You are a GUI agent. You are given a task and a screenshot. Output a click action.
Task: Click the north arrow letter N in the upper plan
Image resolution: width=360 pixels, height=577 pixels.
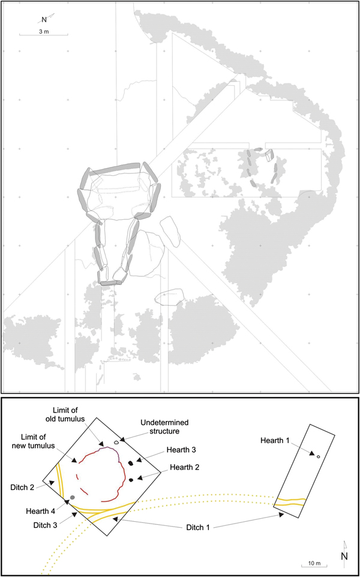(44, 19)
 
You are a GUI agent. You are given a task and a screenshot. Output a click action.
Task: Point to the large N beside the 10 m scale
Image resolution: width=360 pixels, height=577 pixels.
(344, 556)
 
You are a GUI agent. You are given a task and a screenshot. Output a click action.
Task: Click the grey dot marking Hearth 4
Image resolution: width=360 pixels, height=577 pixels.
(73, 497)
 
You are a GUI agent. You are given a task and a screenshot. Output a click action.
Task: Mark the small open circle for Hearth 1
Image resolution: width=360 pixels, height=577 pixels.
(318, 457)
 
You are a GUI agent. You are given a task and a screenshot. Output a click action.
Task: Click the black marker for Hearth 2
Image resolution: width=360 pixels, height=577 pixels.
(131, 480)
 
